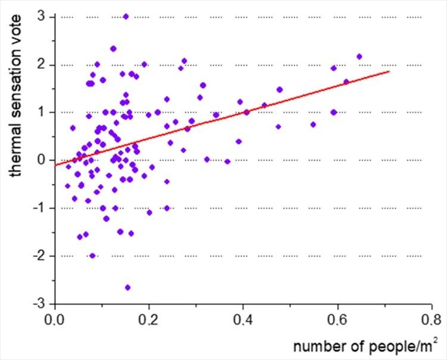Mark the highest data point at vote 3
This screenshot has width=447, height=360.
point(126,17)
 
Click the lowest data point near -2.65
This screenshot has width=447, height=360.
point(128,287)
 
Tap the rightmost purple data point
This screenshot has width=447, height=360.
point(359,57)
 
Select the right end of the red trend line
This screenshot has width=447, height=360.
point(389,71)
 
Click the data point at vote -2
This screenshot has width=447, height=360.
point(92,256)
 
